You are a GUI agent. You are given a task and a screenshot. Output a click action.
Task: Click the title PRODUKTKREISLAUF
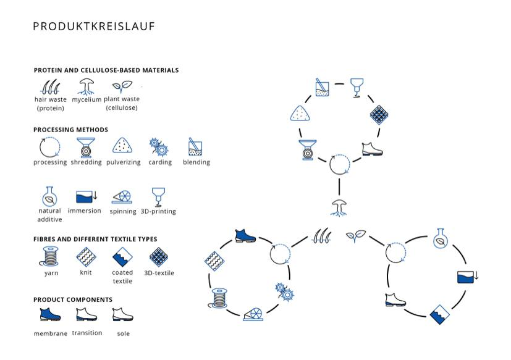(94, 27)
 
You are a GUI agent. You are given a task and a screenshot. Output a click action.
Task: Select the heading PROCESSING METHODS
(70, 130)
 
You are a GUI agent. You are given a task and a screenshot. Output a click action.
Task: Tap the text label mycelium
(87, 99)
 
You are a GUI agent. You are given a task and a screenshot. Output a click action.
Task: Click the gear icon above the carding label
(159, 147)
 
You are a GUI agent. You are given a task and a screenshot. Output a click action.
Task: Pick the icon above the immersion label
(87, 197)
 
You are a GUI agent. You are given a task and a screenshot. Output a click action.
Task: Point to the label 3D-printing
(158, 211)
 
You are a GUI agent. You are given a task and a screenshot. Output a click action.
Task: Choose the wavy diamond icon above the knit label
(86, 256)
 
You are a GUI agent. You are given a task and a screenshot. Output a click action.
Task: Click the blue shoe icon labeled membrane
(50, 314)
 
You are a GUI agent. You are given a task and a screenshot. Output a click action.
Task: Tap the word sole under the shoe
(123, 333)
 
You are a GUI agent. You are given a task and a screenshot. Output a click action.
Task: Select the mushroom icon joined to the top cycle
(339, 208)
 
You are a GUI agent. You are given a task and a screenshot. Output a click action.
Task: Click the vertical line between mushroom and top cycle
(339, 186)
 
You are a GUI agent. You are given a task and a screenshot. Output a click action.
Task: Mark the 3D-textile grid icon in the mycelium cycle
(379, 115)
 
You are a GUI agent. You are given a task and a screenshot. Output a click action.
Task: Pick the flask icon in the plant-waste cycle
(441, 238)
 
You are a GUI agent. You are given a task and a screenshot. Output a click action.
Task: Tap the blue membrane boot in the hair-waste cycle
(245, 236)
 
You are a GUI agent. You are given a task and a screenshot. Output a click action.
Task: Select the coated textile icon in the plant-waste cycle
(439, 314)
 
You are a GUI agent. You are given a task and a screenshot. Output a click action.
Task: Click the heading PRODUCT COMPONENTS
(73, 299)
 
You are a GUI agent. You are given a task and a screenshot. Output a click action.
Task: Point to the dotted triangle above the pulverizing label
(122, 145)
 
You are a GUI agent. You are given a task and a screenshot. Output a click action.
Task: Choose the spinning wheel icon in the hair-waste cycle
(253, 314)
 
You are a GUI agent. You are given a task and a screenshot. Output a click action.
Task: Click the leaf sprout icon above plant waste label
(122, 86)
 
